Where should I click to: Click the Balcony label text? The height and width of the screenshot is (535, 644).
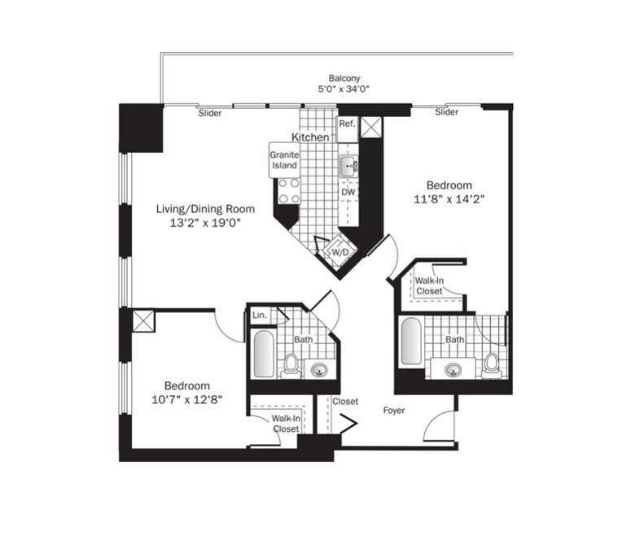344,78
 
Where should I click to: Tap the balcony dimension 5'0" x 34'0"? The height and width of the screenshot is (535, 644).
344,89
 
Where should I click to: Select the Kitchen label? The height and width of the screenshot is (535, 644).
310,137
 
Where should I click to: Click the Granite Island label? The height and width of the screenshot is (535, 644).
284,159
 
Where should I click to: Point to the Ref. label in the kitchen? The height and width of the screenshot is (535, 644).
347,124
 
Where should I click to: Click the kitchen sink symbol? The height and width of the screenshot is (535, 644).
348,167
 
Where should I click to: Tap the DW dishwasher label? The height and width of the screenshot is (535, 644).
348,193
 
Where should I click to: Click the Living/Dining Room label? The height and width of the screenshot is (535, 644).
199,209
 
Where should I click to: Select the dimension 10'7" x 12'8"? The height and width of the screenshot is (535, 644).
187,399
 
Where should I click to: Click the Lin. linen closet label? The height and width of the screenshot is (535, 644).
260,315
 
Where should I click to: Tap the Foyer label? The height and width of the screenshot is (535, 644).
394,411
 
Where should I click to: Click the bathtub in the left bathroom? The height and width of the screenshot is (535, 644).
263,353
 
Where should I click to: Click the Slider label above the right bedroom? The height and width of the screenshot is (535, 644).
446,112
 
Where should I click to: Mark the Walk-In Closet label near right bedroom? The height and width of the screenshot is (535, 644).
429,285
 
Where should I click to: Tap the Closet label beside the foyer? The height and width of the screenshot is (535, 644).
345,402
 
